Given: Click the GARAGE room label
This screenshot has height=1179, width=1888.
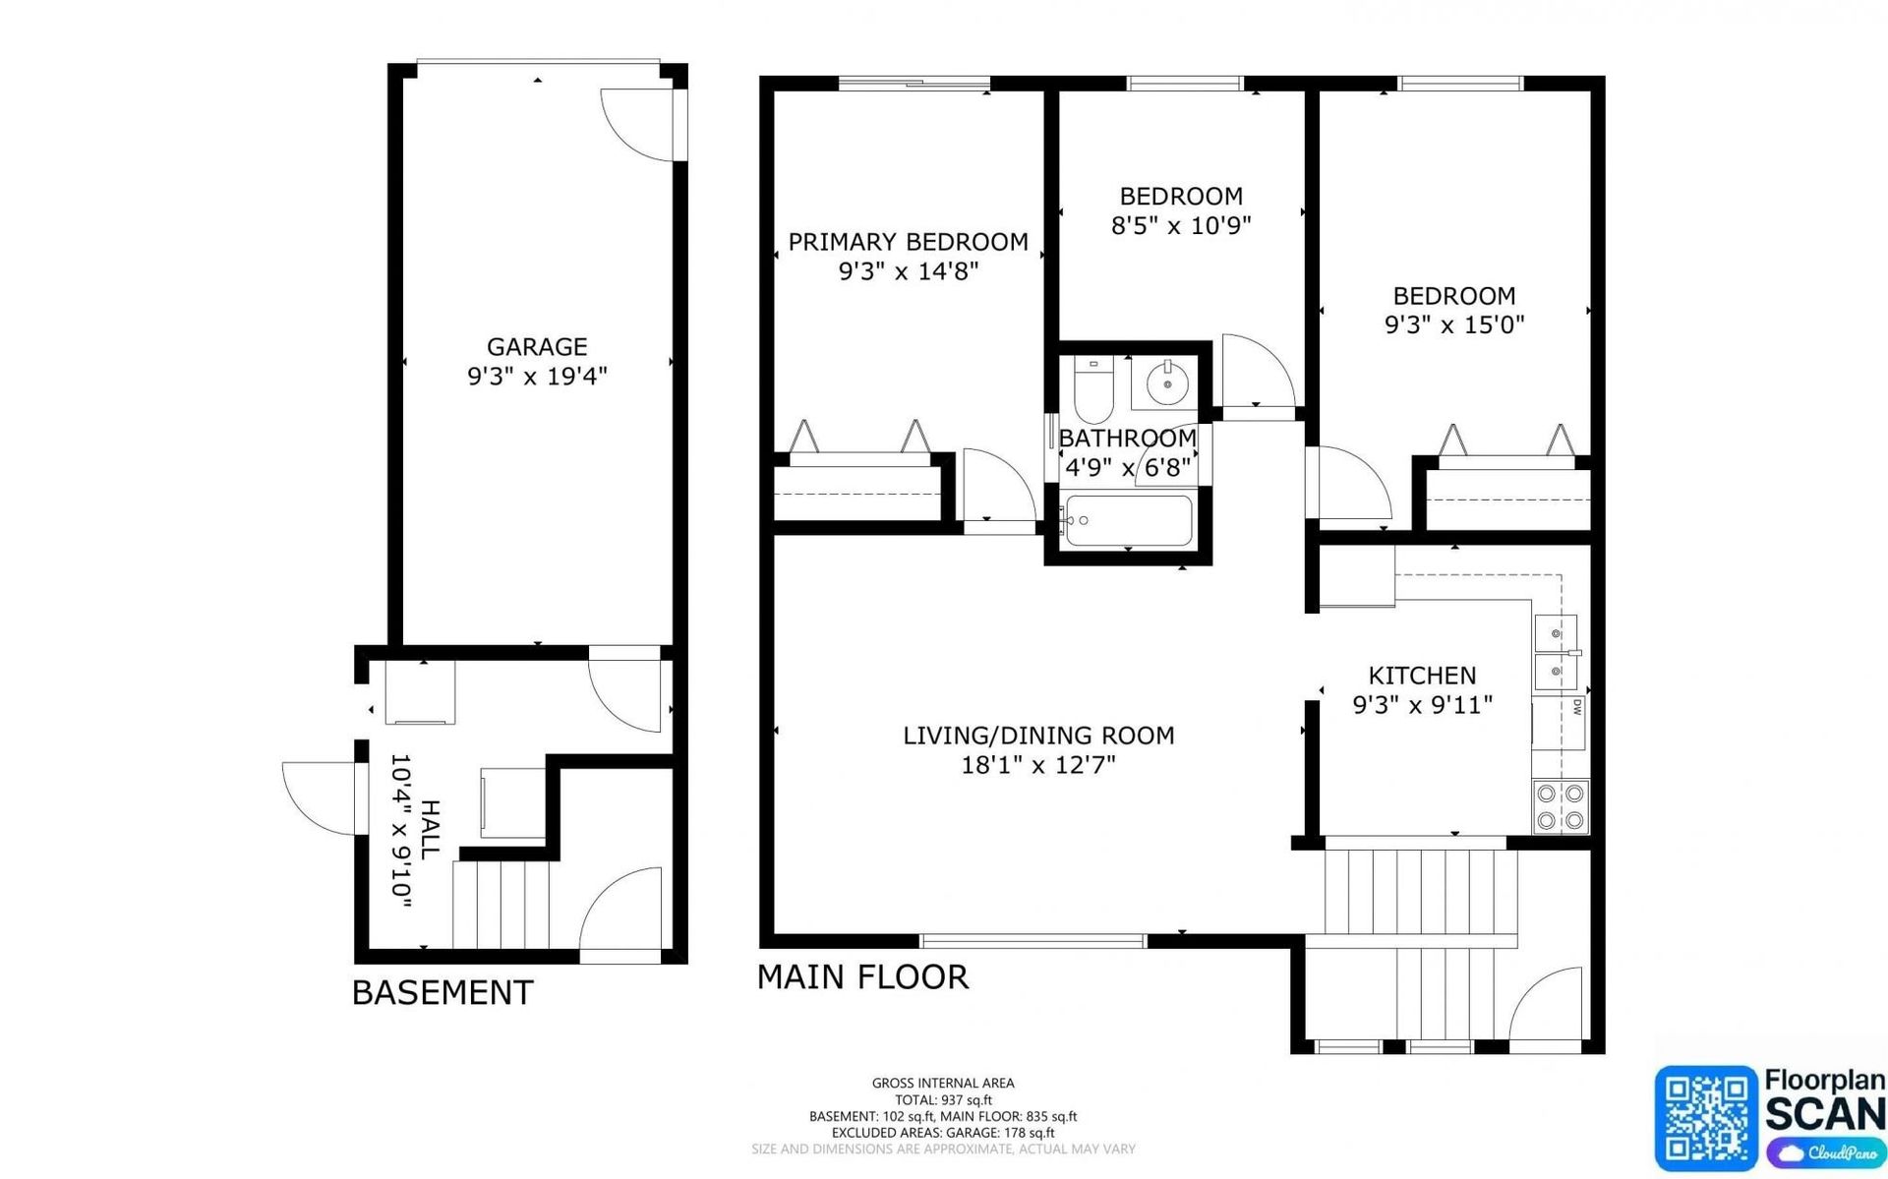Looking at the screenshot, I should (x=537, y=346).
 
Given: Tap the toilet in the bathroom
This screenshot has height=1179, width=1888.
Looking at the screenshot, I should (x=1092, y=391).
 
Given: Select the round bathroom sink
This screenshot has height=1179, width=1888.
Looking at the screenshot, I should (x=1167, y=383).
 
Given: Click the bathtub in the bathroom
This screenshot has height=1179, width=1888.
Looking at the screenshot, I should (x=1129, y=521).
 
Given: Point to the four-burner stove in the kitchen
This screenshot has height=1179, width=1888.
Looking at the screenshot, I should (x=1561, y=806).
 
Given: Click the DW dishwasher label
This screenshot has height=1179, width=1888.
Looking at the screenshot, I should (x=1576, y=707).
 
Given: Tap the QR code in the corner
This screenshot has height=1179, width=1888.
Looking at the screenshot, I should (x=1706, y=1119).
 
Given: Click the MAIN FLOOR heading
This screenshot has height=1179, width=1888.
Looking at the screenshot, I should (x=862, y=976).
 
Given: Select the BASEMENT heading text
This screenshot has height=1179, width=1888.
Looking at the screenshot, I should (x=442, y=992).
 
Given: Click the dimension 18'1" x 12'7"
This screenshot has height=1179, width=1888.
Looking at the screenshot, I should (x=1038, y=765).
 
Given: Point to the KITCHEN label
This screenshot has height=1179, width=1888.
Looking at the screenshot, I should (x=1422, y=676).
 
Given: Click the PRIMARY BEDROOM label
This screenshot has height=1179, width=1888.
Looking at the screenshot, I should (x=908, y=242).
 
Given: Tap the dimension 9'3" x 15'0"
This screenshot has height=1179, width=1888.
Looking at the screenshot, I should (x=1454, y=324).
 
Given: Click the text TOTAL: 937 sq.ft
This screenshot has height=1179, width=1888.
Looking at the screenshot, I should (x=943, y=1100).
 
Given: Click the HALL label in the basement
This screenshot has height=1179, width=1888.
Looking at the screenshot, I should (x=430, y=831).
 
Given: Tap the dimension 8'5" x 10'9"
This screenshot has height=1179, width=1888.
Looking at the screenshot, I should (x=1180, y=226).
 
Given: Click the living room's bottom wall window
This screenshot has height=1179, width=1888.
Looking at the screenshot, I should (x=1032, y=941).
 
